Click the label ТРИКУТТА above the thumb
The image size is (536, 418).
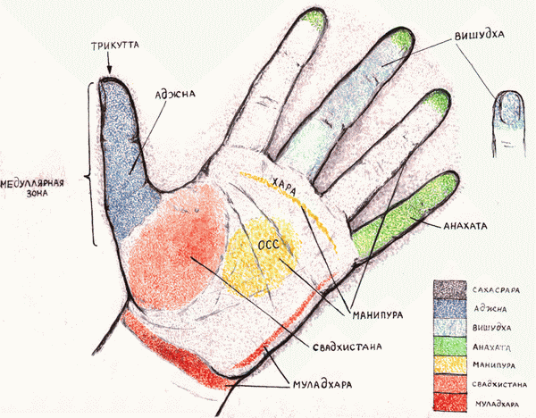111,44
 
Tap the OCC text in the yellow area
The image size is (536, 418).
268,241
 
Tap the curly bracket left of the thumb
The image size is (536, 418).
93,165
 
